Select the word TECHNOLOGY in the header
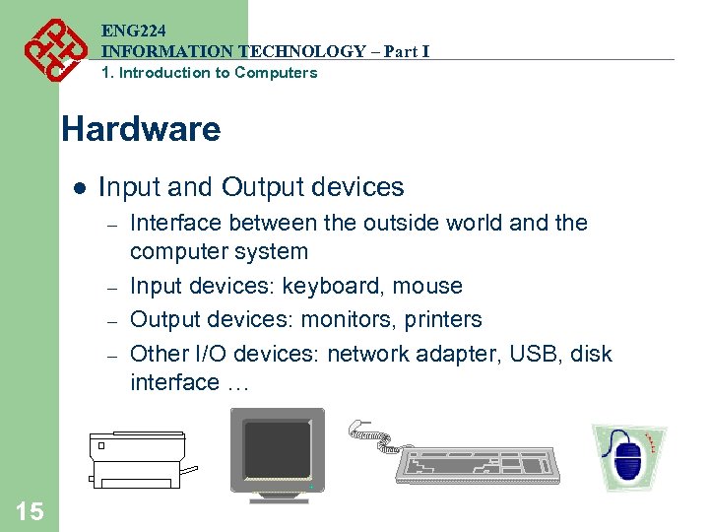(x=295, y=51)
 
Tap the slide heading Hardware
(x=141, y=129)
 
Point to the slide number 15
(x=29, y=510)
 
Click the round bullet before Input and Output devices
(x=79, y=187)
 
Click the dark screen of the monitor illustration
(x=277, y=448)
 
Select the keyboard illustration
(x=478, y=463)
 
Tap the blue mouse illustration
(x=628, y=458)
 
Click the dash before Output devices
(x=112, y=321)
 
